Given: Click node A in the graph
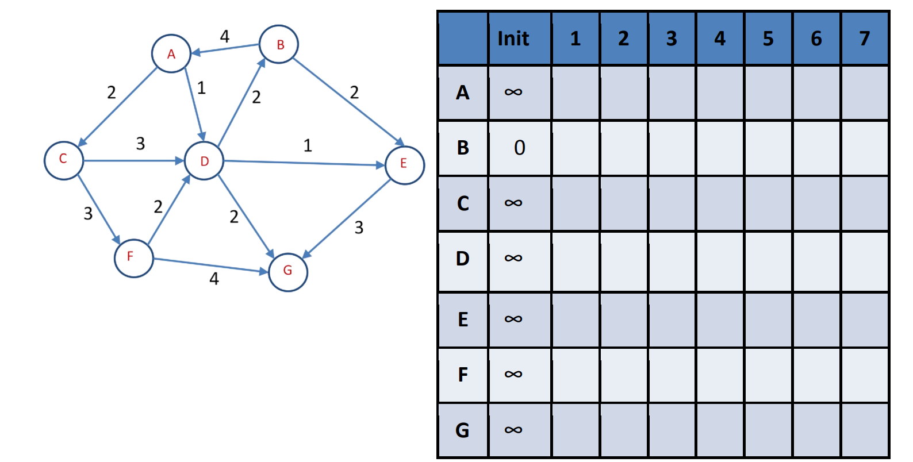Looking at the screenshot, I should pos(171,54).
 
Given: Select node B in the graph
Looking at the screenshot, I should pos(279,44).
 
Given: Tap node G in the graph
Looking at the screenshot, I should pos(288,271).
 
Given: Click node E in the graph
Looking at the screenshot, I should pos(404,164).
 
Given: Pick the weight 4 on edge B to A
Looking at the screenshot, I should pos(225,37).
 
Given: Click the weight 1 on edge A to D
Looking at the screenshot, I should pos(201,88).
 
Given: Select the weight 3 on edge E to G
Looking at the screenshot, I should pos(359,228).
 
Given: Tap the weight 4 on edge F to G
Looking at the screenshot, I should pos(214,279).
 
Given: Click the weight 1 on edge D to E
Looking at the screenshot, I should pos(308,145).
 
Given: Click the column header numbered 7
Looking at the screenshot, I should pos(864,38).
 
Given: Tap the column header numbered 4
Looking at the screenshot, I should pos(720,38).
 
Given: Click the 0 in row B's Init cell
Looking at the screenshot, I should pos(519,148).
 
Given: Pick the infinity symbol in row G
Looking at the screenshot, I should pos(513,430).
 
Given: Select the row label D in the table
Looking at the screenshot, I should pos(463,259).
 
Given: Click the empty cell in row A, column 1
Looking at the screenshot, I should pos(576,93).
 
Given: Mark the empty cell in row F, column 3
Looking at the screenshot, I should pos(672,375).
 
